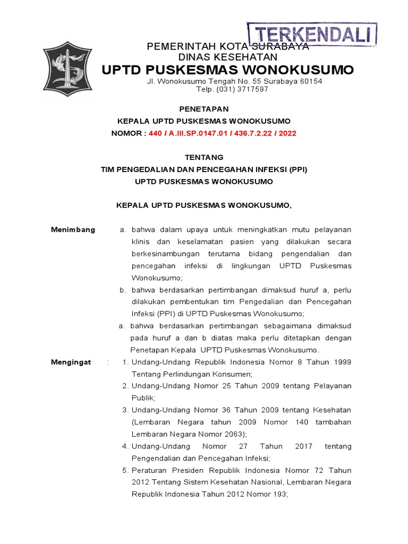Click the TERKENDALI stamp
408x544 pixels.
[312, 35]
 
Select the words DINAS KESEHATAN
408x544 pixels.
[228, 57]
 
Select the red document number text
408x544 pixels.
[223, 133]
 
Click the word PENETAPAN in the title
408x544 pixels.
[203, 109]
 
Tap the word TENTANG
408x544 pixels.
[203, 157]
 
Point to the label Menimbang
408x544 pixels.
[73, 229]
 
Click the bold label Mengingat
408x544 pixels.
[71, 362]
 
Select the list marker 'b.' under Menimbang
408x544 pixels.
[122, 290]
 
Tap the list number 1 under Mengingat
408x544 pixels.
[125, 362]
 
